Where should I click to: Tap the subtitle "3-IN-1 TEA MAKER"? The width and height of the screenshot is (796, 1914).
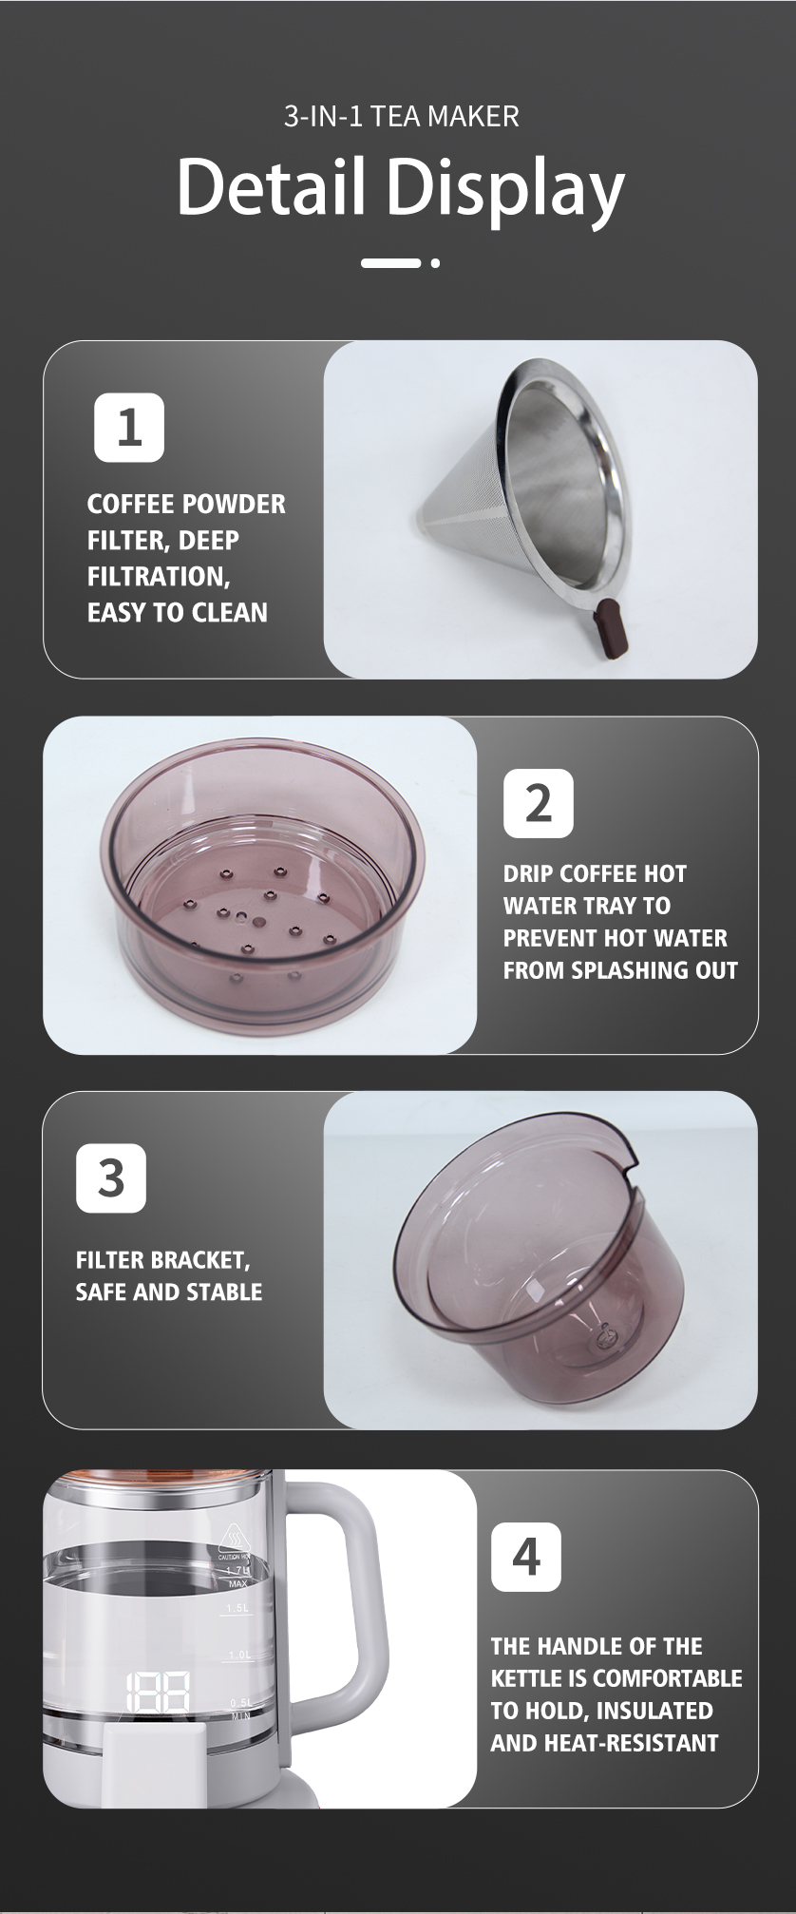point(401,117)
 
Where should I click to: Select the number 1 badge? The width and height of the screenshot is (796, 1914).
point(129,428)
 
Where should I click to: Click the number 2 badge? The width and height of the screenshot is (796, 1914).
point(538,803)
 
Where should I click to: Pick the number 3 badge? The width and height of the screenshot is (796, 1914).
point(111,1178)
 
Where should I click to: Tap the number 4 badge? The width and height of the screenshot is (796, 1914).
point(525,1557)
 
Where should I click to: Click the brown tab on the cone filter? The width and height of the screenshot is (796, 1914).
point(609,630)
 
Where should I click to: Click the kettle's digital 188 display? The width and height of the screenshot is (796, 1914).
point(158,1693)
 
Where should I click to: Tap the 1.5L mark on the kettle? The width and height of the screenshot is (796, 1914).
point(237,1608)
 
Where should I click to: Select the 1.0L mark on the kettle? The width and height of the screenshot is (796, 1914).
point(238,1655)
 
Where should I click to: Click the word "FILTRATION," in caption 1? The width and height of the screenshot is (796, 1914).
point(159,577)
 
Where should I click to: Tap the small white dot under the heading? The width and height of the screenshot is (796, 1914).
point(435,263)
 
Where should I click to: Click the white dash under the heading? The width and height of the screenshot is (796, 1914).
point(390,263)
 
